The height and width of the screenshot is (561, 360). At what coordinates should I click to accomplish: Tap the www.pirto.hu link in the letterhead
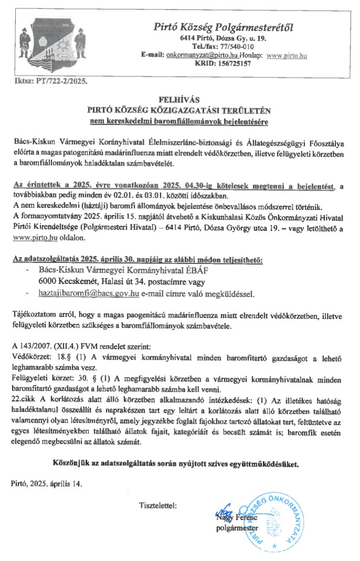pyautogui.click(x=287, y=55)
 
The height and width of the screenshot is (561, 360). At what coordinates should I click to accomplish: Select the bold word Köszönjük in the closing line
pyautogui.click(x=73, y=464)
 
